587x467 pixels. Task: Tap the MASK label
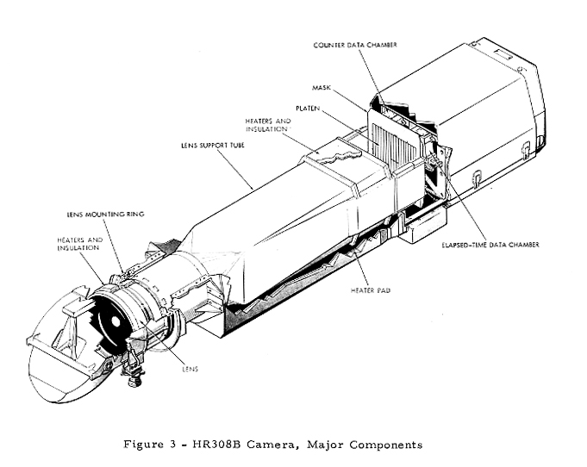pos(322,87)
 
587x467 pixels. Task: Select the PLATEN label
pos(308,108)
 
